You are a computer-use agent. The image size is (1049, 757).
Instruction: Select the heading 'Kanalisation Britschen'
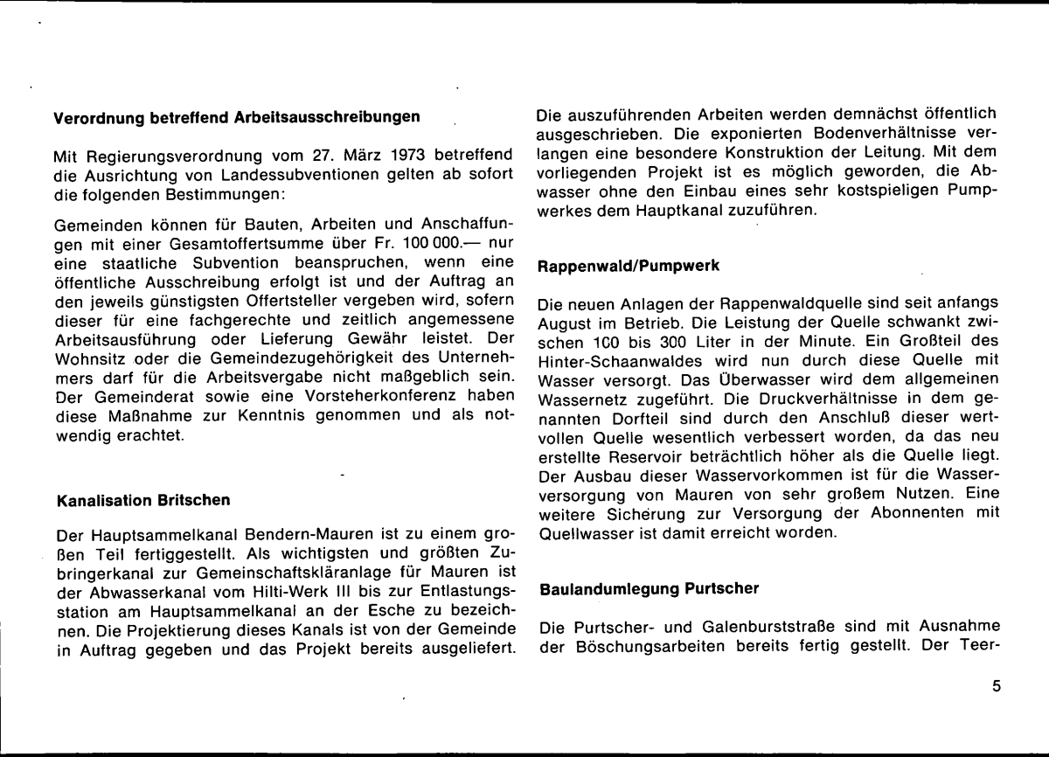(143, 501)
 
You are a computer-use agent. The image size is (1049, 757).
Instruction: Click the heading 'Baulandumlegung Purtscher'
(649, 590)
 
